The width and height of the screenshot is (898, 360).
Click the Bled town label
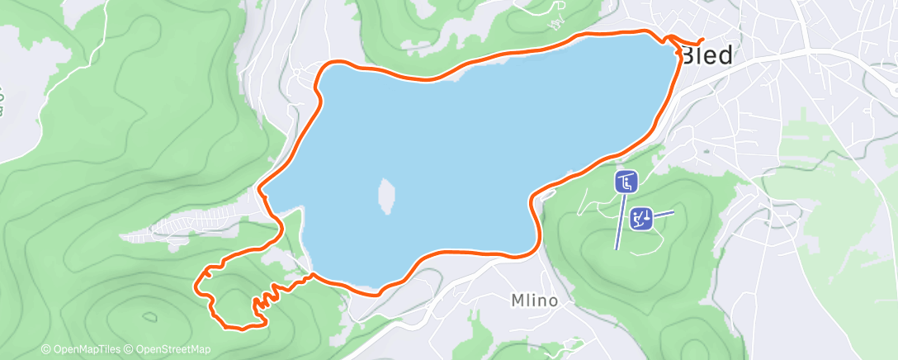click(x=707, y=55)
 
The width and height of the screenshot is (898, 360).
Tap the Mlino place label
click(x=534, y=301)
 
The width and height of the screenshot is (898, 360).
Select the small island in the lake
click(x=385, y=195)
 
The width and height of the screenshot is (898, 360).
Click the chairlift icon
click(x=626, y=182)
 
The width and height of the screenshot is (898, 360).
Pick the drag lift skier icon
click(x=641, y=218)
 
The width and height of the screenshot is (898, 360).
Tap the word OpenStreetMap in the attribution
click(x=173, y=349)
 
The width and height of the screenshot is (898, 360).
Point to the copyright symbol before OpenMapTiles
click(x=46, y=349)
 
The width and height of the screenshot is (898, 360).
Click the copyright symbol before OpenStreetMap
click(x=130, y=349)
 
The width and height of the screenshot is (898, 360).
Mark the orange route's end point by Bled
click(x=702, y=40)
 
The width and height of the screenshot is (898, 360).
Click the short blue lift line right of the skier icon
click(x=665, y=214)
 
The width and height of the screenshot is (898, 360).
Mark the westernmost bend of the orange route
click(x=196, y=287)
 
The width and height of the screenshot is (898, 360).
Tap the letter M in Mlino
click(x=516, y=301)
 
